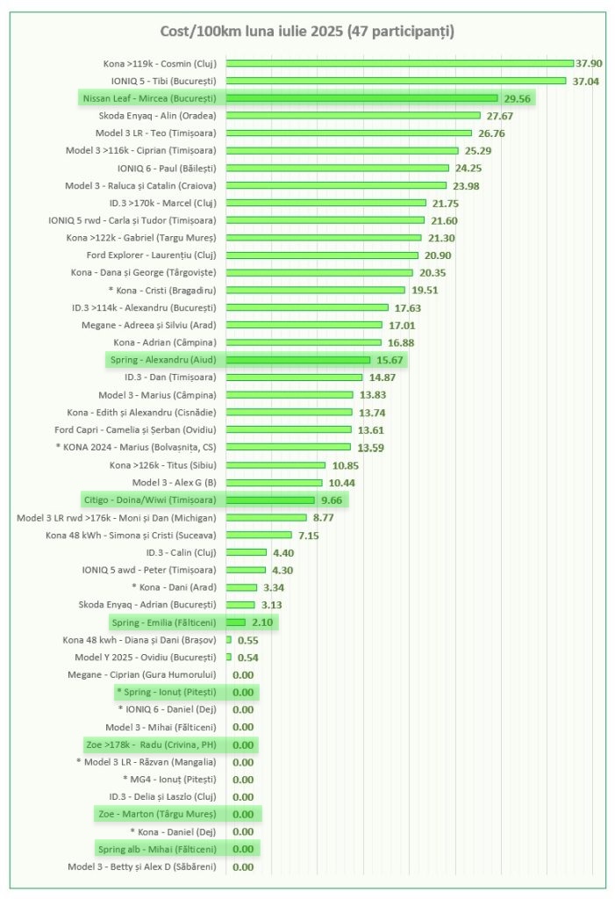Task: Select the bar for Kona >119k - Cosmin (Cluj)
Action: pos(399,63)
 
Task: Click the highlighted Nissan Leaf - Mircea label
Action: pos(149,98)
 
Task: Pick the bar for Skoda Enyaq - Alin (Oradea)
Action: pos(353,116)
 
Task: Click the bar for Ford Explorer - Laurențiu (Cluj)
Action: pos(322,255)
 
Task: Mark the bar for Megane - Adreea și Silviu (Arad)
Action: pos(304,325)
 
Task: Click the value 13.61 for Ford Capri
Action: pos(372,430)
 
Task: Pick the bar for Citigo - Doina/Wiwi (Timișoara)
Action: pos(270,500)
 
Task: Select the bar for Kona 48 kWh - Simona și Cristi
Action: pos(259,535)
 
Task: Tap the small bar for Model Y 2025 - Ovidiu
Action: pos(229,657)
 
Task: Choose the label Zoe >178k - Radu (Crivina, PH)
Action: pos(150,744)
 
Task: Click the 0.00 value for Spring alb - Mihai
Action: pos(243,849)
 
